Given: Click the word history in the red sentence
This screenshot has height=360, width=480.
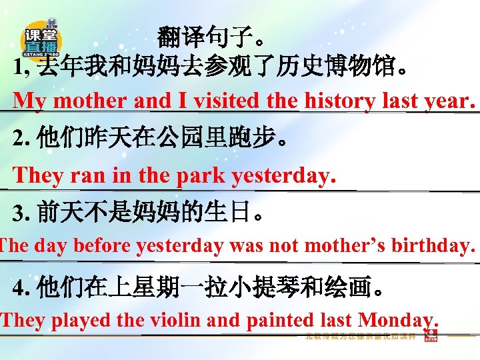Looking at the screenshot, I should point(340,101).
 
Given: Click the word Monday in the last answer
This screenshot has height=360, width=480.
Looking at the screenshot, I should point(397,321).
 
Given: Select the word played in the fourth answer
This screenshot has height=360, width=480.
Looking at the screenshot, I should point(83,321).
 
